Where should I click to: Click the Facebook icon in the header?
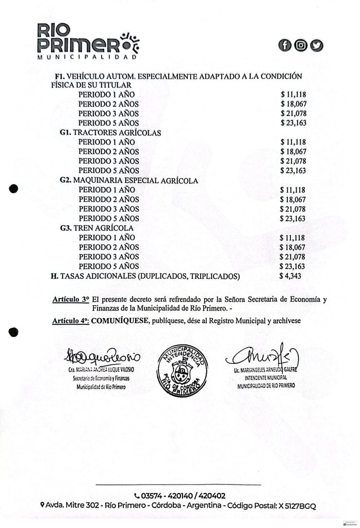[285, 45]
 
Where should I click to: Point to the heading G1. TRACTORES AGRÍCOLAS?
[110, 133]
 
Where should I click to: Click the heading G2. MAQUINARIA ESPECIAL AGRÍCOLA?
[129, 180]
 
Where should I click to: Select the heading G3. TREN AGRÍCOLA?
[97, 228]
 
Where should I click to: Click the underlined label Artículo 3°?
[71, 299]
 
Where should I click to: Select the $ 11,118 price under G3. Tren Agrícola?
[292, 238]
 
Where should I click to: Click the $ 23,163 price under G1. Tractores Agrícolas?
[292, 171]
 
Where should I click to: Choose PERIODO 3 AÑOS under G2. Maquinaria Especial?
[109, 209]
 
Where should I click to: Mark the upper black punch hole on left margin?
[14, 189]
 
